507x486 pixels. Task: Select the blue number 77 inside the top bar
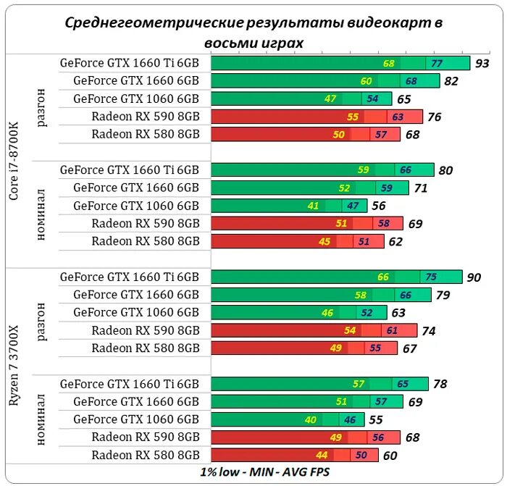click(x=437, y=64)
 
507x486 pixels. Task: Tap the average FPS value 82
click(x=452, y=81)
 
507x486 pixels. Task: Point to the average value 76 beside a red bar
click(x=435, y=117)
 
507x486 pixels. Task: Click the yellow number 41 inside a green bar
click(x=314, y=206)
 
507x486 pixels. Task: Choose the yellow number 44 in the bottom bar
click(x=323, y=455)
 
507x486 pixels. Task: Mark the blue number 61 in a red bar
click(x=393, y=330)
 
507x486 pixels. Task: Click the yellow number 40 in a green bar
click(x=311, y=419)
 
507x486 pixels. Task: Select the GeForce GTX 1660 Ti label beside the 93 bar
click(x=129, y=63)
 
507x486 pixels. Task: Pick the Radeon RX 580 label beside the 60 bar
click(x=145, y=455)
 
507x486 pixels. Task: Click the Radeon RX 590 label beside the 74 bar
click(x=145, y=330)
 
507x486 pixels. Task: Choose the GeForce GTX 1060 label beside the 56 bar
click(x=135, y=206)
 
